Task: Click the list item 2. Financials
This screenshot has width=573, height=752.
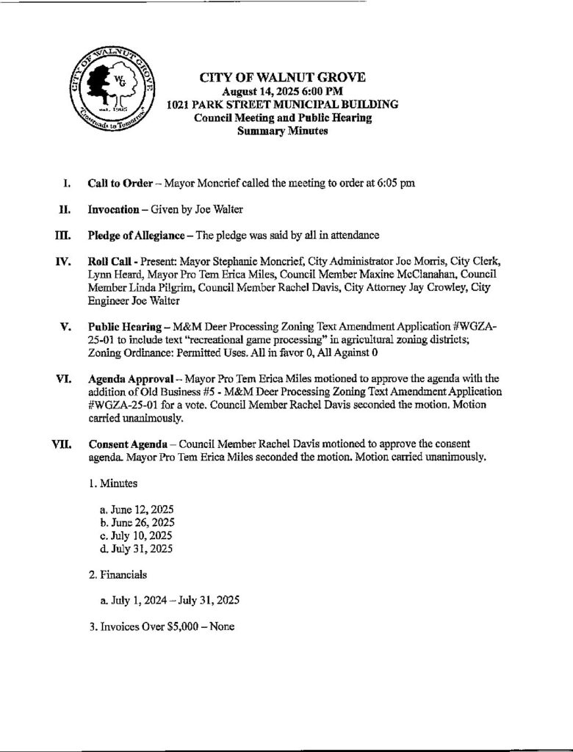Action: [118, 574]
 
